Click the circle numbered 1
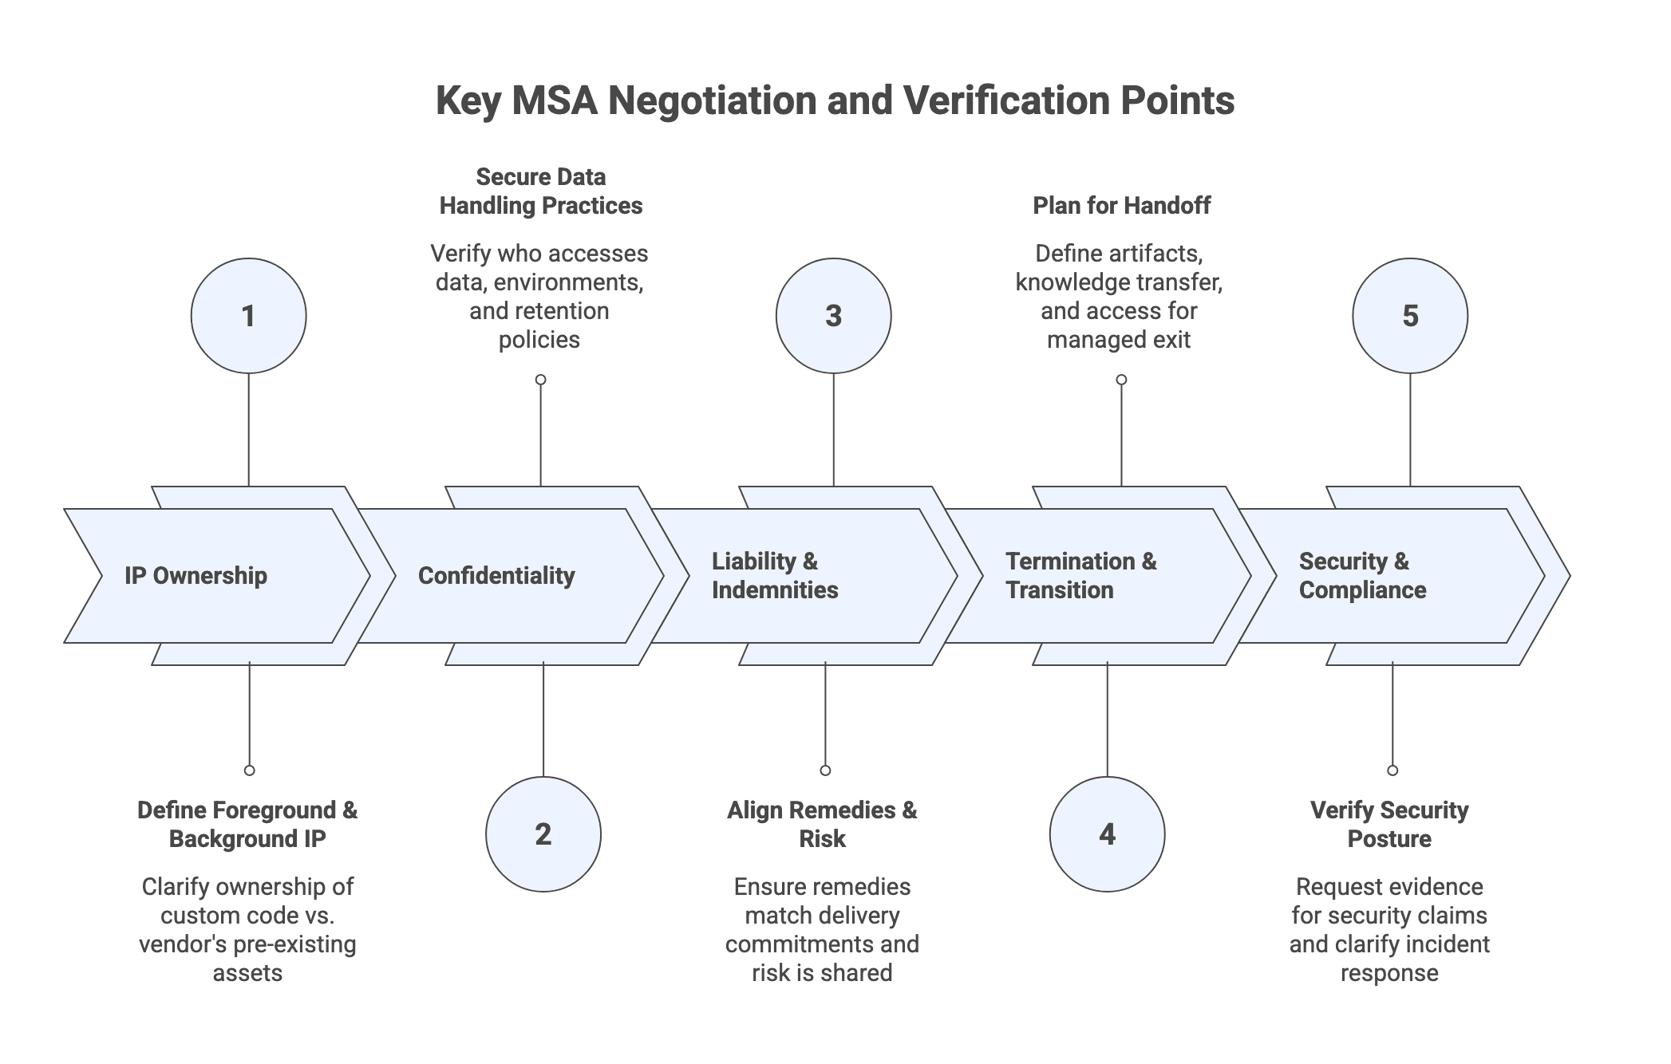coord(248,316)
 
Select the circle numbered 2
coord(543,834)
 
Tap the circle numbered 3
coord(833,316)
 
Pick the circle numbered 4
coord(1107,834)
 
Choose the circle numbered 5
coord(1410,316)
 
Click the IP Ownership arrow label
coord(196,576)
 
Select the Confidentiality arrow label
coord(496,576)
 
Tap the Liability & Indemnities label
coord(775,576)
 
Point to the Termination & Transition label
coord(1080,576)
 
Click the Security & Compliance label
coord(1362,576)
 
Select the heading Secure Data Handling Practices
coord(541,191)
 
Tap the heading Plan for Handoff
coord(1121,206)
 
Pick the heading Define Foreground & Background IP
coord(247,825)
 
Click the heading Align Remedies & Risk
coord(822,825)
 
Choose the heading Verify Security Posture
coord(1389,825)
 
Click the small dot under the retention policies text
coord(541,380)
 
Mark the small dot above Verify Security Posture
coord(1392,770)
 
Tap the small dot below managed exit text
coord(1121,380)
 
